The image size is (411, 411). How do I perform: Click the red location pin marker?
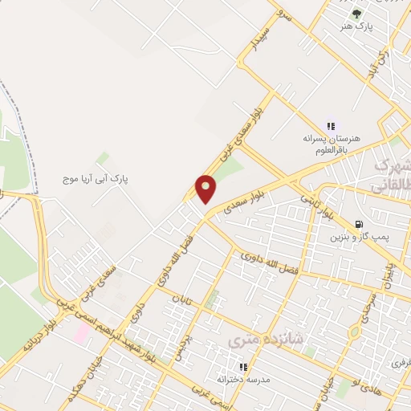point(206,189)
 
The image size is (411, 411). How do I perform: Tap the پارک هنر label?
point(357,26)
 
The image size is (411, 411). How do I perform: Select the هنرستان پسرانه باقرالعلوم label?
point(332,143)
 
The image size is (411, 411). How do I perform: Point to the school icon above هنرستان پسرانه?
point(330,125)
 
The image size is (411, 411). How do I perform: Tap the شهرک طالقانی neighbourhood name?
point(392,177)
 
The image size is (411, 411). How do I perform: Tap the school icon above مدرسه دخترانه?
point(242,367)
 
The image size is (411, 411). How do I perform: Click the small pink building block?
point(83,332)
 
